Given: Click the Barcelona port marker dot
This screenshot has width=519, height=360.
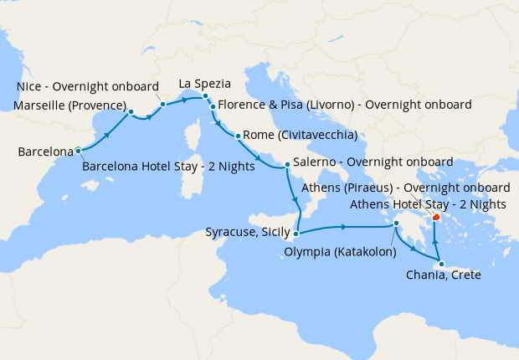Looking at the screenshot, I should [78, 151].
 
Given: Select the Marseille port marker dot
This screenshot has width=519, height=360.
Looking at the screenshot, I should [131, 111].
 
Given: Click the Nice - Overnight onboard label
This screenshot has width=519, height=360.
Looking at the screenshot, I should [87, 86].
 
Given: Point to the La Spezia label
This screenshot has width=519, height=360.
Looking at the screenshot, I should [204, 84].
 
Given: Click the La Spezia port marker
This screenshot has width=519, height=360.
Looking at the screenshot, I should [205, 96].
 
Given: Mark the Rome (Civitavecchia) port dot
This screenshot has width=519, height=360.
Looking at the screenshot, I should [239, 136].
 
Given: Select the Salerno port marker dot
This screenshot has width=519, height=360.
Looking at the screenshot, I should [287, 164].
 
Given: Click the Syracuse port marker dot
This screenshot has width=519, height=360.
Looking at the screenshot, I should [297, 234].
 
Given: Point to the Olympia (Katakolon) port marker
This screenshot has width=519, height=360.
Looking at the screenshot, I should [398, 224].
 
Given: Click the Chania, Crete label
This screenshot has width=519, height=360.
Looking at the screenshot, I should [443, 275].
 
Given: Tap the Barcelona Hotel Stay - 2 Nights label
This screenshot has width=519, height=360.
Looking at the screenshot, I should [169, 167].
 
